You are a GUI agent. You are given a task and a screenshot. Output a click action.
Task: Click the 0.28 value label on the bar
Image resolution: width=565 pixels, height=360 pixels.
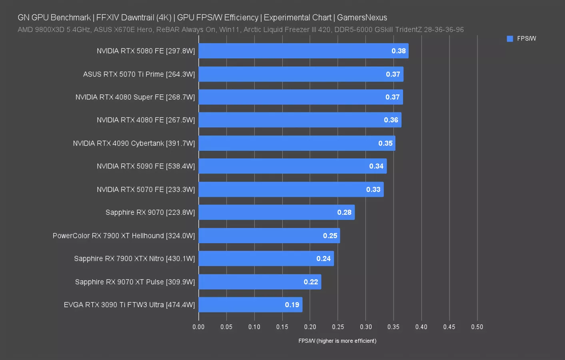(x=344, y=212)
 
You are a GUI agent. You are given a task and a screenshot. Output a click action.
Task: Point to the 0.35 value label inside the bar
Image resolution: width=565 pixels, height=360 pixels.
(x=385, y=143)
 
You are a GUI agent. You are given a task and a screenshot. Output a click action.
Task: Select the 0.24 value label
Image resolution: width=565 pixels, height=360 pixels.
(x=323, y=259)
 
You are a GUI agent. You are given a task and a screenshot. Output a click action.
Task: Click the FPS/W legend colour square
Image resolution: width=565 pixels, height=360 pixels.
(x=510, y=39)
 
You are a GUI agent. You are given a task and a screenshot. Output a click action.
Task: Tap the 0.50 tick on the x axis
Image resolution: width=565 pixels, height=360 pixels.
(x=477, y=327)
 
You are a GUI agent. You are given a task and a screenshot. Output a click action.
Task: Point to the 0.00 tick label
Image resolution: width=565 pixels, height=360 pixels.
(x=198, y=327)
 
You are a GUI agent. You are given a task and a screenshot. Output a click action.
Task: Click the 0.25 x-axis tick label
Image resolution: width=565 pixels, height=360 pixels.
(x=338, y=327)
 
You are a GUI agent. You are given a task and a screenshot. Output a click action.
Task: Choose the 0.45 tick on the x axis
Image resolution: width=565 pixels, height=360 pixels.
(x=449, y=327)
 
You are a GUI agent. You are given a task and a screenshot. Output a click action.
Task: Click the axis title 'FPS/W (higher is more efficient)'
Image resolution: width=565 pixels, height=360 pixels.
(x=337, y=341)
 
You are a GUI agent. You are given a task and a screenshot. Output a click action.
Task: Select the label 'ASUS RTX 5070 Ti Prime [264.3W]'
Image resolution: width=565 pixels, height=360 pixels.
(x=139, y=74)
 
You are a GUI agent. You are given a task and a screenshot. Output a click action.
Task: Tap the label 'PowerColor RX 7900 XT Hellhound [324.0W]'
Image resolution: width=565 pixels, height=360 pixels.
(x=124, y=236)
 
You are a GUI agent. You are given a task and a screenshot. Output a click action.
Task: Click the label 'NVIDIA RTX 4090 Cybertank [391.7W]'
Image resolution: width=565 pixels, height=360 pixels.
(x=134, y=143)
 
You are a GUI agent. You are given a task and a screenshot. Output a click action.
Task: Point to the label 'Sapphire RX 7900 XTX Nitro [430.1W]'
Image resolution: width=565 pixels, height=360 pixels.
(x=134, y=259)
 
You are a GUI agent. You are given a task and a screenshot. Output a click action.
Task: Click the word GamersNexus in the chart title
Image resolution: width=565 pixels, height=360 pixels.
(x=362, y=18)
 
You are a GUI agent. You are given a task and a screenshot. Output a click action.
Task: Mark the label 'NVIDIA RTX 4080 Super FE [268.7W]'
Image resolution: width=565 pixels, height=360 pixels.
(x=135, y=97)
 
